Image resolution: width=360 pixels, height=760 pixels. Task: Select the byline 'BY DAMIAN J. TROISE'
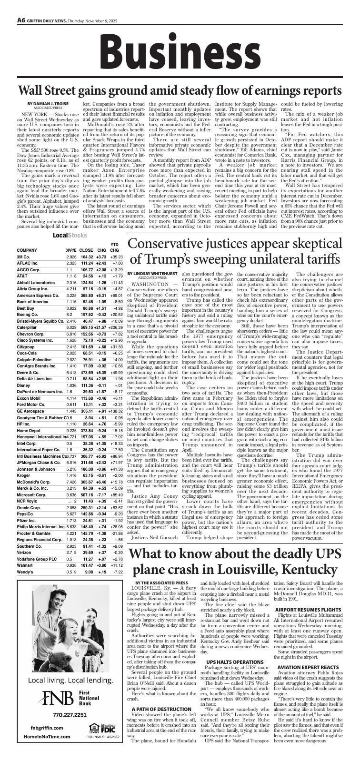click(48, 104)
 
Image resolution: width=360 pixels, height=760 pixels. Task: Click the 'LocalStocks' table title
click(67, 236)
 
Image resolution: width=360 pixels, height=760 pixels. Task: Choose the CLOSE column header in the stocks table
click(86, 250)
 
